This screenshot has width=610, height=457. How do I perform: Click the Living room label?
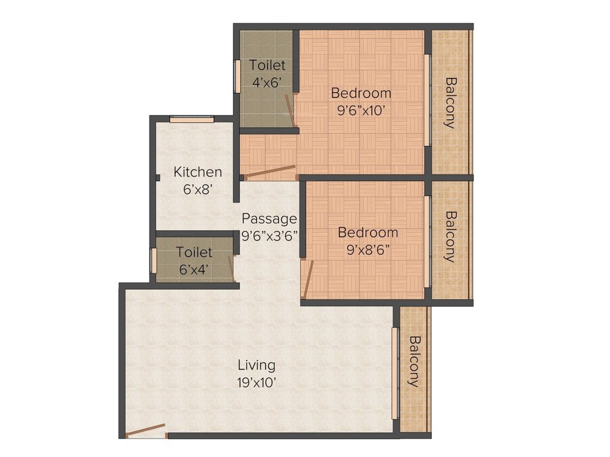[x=257, y=365]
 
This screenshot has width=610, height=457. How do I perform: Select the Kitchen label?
[x=198, y=173]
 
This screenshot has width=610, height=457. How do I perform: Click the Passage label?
[x=269, y=218]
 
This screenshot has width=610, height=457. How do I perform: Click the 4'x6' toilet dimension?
[x=267, y=83]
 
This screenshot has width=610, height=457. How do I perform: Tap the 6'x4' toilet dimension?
[x=194, y=269]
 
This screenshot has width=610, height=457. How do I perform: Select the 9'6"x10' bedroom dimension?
[x=361, y=110]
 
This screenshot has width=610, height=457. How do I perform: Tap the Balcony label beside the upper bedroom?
[x=450, y=102]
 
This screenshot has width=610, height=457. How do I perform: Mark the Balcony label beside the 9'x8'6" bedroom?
[x=450, y=236]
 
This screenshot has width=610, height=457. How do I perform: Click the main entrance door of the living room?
[x=146, y=430]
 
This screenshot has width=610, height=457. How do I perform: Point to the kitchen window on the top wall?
[x=192, y=119]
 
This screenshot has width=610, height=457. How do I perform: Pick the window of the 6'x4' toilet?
[x=153, y=261]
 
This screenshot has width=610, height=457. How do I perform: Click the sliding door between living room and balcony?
[x=394, y=373]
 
